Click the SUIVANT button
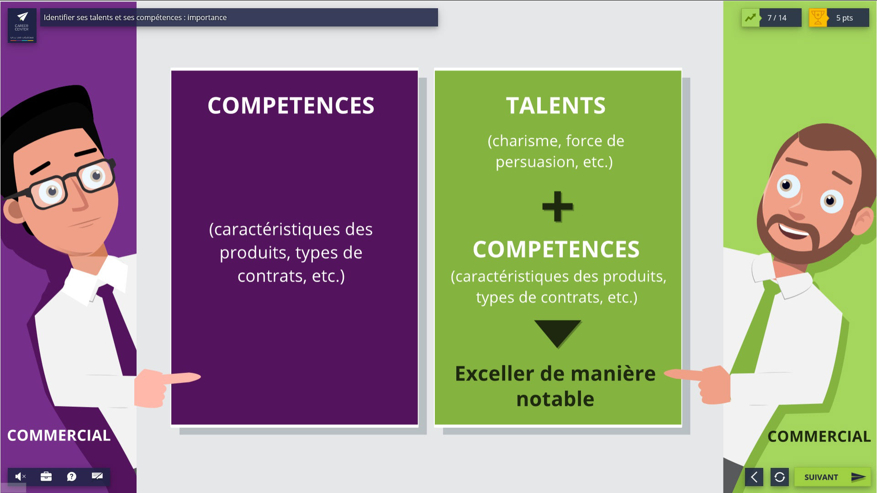[832, 477]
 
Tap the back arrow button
[754, 477]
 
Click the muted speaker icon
[20, 477]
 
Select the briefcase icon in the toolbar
[46, 477]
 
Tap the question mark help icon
[72, 477]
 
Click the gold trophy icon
[818, 18]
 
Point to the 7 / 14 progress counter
[777, 18]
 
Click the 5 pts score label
[845, 18]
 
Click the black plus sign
[557, 206]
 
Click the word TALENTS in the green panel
[556, 105]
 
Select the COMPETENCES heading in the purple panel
[291, 105]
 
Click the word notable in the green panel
[555, 399]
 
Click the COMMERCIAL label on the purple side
[59, 435]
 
